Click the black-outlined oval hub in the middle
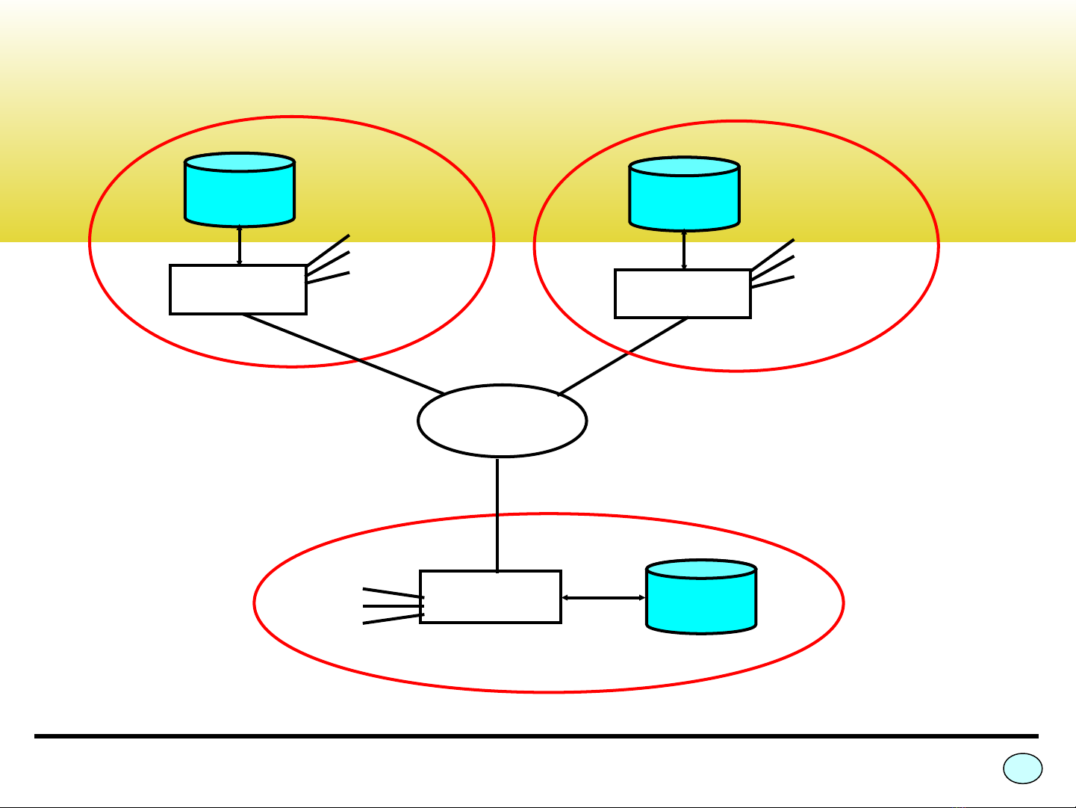[x=502, y=421]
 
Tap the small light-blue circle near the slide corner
[x=1022, y=768]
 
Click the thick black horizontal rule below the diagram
[x=536, y=736]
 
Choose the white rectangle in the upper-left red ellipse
[x=238, y=289]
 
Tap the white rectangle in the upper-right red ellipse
[x=682, y=294]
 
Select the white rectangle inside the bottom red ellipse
[x=490, y=597]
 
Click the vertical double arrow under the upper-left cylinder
[x=239, y=245]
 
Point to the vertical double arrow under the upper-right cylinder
[x=684, y=250]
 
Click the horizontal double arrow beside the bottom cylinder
[x=603, y=598]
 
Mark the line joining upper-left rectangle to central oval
[x=343, y=354]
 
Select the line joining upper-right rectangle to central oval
[x=623, y=357]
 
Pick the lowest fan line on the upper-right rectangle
[x=773, y=283]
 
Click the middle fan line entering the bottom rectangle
[x=393, y=606]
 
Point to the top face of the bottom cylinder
[x=700, y=569]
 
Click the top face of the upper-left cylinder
[x=240, y=162]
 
